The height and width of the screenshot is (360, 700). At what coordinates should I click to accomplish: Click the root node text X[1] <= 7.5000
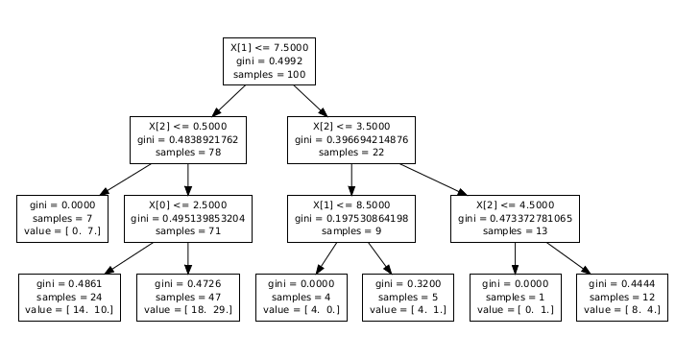coord(269,46)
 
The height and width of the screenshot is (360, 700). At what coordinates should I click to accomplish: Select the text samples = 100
coord(269,74)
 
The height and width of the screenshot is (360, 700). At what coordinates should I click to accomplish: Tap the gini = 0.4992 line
coord(269,60)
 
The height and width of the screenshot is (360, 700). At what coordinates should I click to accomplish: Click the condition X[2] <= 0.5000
coord(187,126)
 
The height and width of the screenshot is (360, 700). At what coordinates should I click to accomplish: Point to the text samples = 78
coord(187,153)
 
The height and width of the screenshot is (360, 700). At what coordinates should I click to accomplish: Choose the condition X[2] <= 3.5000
coord(351,126)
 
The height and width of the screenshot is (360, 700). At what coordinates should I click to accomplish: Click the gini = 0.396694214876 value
coord(351,139)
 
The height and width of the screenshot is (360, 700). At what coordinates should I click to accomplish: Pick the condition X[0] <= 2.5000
coord(187,204)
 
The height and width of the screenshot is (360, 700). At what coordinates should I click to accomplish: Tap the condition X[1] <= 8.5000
coord(351,204)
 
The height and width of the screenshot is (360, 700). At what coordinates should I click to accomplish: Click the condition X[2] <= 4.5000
coord(516,204)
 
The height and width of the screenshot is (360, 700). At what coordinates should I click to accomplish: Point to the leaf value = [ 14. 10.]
coord(68,310)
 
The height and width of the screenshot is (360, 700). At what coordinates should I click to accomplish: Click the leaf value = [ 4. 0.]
coord(300,310)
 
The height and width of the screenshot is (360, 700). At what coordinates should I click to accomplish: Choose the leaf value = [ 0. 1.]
coord(516,310)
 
